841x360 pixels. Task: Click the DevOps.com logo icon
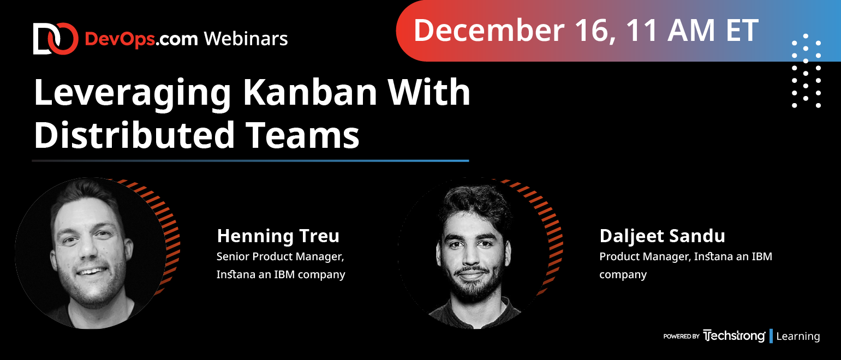(56, 39)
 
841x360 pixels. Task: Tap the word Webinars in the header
(246, 39)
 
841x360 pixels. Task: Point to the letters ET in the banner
(742, 30)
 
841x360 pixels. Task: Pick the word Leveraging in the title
(132, 94)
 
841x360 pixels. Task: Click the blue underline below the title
(250, 161)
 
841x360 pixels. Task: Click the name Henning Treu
(278, 236)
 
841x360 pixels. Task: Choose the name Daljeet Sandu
(663, 236)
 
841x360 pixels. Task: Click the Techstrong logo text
(734, 336)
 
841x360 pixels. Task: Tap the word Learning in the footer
(798, 337)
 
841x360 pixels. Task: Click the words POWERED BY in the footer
(681, 337)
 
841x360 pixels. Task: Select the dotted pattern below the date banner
(806, 70)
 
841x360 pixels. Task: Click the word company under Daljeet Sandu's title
(623, 275)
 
